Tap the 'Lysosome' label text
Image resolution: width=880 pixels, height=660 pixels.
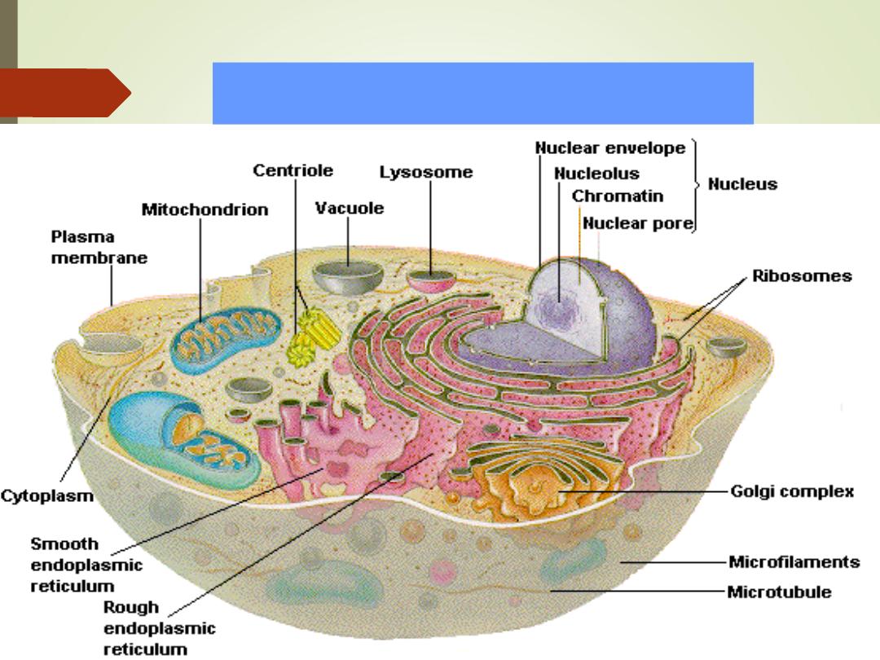click(426, 173)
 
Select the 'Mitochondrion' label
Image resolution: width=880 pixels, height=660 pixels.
click(205, 209)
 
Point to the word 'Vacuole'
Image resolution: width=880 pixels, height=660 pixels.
click(349, 208)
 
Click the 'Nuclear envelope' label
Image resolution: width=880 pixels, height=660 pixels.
click(610, 148)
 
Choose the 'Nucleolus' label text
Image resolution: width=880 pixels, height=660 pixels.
click(596, 174)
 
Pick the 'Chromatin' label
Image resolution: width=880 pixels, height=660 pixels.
click(617, 196)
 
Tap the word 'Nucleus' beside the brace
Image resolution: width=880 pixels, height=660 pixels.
click(742, 184)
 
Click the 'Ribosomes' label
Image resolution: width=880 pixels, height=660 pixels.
click(802, 275)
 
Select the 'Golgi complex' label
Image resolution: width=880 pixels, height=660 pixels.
click(791, 491)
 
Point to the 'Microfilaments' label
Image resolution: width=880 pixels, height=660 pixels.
click(794, 562)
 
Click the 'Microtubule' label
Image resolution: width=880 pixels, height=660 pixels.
click(780, 592)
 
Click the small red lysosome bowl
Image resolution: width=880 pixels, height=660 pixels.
click(432, 283)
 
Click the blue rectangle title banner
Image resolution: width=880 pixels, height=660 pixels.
click(482, 93)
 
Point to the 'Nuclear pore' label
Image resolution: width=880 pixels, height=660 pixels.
click(638, 223)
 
